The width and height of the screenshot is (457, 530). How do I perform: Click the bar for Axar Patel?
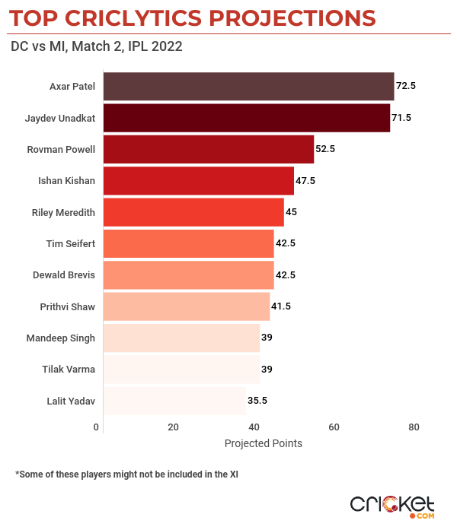[248, 87]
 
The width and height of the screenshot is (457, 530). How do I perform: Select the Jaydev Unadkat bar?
[246, 118]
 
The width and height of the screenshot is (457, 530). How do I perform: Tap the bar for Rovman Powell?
[208, 149]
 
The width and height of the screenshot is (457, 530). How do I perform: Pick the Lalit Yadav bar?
[174, 400]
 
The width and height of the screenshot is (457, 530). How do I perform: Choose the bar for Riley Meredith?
[193, 212]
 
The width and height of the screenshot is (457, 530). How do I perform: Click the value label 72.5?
[406, 87]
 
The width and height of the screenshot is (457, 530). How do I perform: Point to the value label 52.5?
[326, 149]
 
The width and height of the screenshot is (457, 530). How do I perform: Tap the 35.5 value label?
[258, 400]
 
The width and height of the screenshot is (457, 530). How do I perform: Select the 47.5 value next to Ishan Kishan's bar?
[306, 181]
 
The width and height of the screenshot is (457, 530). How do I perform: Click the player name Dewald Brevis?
[64, 275]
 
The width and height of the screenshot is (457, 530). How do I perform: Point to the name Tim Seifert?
[71, 243]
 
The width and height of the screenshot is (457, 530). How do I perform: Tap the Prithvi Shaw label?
[67, 306]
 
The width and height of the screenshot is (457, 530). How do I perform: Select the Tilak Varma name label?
[69, 369]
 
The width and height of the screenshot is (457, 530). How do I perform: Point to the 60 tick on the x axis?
[334, 427]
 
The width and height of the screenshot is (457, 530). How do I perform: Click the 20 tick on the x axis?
[174, 427]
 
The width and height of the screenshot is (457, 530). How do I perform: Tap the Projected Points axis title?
[264, 443]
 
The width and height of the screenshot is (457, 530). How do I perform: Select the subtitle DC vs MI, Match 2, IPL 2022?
[96, 47]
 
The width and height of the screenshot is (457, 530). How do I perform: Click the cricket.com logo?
[392, 506]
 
